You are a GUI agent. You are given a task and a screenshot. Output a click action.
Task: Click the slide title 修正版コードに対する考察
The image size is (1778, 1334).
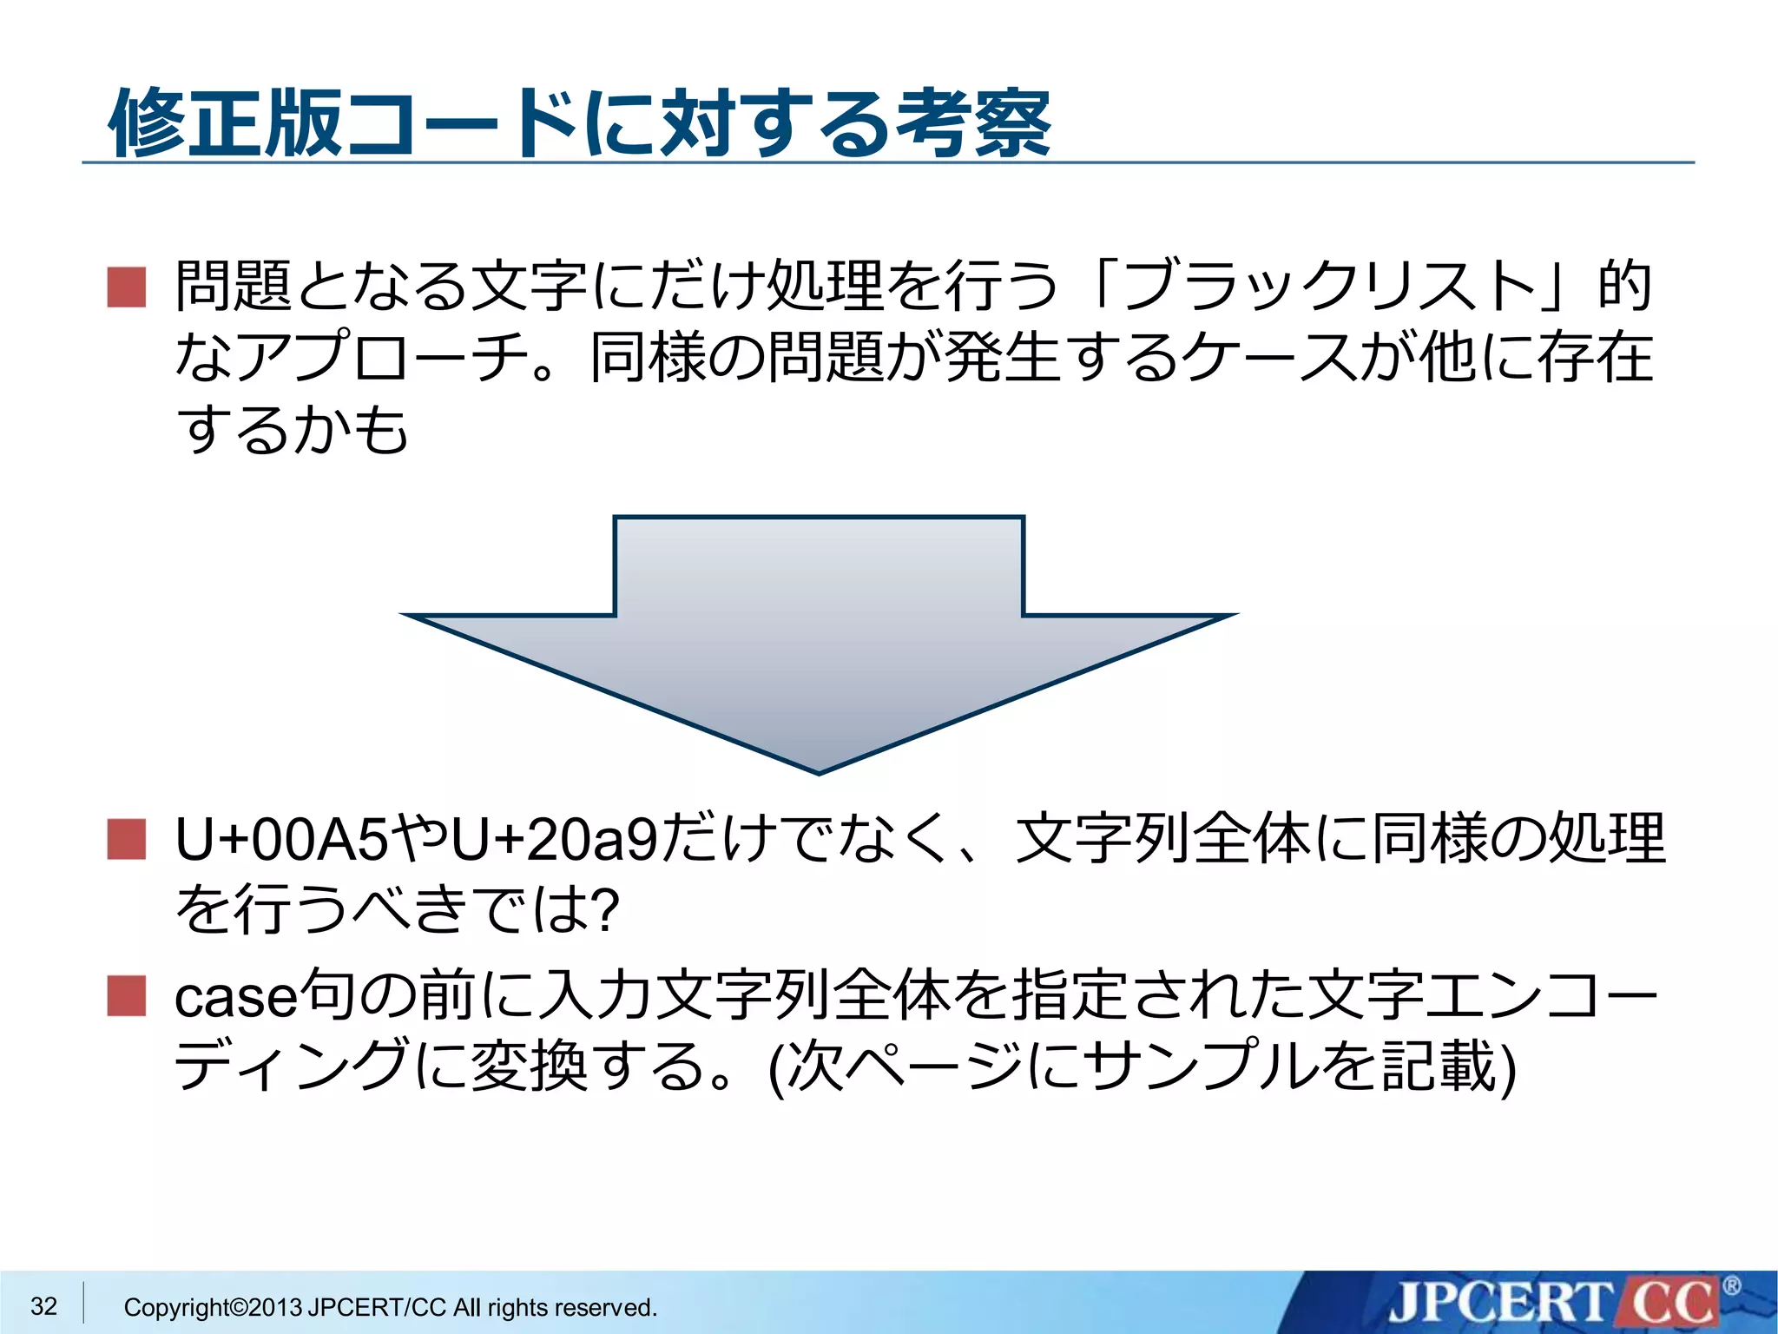579,123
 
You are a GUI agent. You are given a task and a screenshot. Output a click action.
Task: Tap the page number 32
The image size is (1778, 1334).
43,1305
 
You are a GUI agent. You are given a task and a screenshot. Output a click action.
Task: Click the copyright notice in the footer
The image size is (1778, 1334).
391,1307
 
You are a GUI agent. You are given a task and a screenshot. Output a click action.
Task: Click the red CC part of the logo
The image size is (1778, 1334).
1671,1304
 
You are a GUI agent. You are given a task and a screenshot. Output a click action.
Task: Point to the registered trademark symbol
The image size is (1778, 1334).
1731,1286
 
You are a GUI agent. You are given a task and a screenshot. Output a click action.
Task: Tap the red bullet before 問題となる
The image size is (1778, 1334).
127,287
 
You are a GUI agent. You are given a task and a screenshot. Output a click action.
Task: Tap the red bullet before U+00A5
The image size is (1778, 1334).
127,839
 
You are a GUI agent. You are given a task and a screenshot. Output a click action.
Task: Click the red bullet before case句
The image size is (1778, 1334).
127,995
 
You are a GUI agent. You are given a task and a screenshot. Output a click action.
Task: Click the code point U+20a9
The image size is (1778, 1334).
555,840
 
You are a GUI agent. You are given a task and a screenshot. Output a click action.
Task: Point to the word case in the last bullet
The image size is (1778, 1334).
235,998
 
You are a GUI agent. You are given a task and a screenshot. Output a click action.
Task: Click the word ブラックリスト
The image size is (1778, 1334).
1328,287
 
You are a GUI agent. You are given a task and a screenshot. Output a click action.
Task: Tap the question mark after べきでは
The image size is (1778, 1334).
603,910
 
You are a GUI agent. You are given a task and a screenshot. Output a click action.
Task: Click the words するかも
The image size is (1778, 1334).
292,429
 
